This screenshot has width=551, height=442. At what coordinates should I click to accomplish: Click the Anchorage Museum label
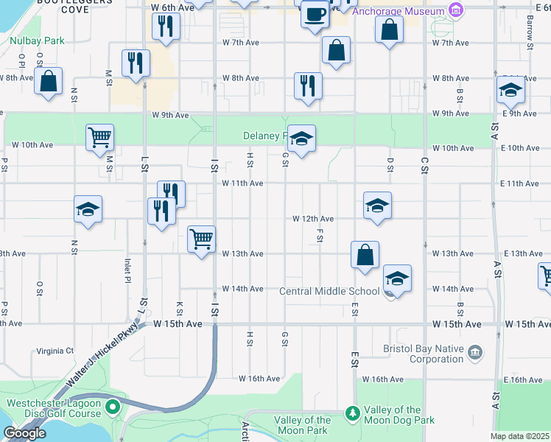pos(399,12)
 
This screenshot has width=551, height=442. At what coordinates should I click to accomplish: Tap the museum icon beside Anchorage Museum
pos(456,12)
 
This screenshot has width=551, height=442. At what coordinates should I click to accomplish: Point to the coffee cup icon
pos(315,14)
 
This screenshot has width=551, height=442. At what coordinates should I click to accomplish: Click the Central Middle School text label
pos(329,292)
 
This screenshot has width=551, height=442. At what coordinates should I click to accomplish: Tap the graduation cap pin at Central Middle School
pos(397,279)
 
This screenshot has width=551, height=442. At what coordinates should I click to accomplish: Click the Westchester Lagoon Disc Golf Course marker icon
pos(112,406)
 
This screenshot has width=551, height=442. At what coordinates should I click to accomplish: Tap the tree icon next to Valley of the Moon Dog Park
pos(353,412)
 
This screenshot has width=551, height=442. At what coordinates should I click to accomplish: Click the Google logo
pos(24,433)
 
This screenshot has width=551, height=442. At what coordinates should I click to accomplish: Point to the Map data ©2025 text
pos(520,436)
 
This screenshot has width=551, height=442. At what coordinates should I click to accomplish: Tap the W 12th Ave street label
pos(313,219)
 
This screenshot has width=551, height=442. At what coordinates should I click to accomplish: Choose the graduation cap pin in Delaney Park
pos(301,138)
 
